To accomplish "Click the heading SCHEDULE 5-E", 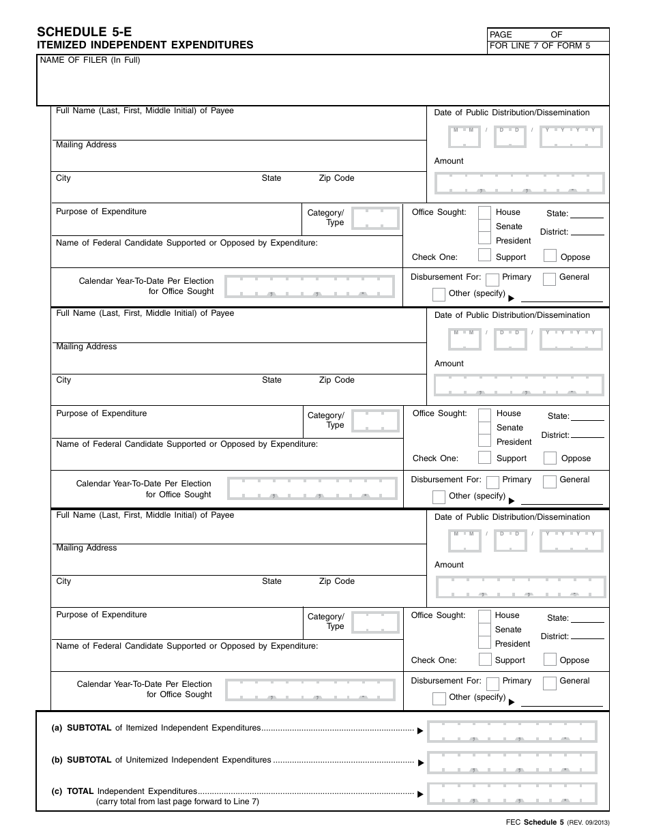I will (84, 31).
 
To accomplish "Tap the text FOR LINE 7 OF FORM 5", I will (540, 46).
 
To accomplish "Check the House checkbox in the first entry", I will (484, 212).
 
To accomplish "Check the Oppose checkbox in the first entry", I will (550, 256).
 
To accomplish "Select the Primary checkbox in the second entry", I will (492, 482).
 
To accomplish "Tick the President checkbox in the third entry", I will (484, 643).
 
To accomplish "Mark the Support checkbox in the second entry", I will (484, 458).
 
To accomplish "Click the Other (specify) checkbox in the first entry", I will (439, 295).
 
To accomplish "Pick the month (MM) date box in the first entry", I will (464, 137).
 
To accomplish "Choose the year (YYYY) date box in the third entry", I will (572, 541).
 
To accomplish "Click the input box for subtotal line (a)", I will (512, 731).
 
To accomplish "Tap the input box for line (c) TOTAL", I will (512, 793).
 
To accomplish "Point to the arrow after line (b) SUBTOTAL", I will (420, 763).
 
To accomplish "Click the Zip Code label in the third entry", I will (336, 581).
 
